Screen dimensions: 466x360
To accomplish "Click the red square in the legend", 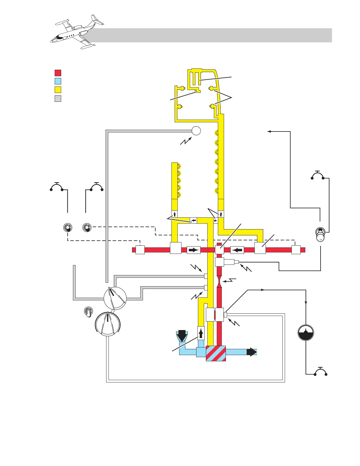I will (58, 73).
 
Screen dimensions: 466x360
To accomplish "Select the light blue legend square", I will (58, 81).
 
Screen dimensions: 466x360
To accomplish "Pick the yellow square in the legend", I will (58, 90).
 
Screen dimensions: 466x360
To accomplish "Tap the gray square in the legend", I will (58, 99).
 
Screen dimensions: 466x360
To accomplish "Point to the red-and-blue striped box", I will (216, 353).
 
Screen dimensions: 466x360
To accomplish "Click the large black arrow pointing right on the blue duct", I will (251, 352).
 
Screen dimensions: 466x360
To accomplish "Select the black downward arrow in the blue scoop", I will (182, 335).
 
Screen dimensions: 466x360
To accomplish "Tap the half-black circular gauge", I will (306, 333).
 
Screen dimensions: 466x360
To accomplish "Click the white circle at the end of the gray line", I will (196, 130).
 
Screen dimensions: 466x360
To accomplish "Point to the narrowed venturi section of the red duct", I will (219, 282).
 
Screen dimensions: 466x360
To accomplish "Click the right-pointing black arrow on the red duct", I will (194, 250).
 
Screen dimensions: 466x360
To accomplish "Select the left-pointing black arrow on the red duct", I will (237, 250).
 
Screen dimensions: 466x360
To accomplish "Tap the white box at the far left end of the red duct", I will (140, 250).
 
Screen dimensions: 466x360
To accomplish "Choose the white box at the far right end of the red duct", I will (296, 250).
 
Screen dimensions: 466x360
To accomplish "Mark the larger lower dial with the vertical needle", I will (108, 324).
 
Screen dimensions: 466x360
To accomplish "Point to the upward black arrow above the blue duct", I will (201, 333).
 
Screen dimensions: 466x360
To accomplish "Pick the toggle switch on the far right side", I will (320, 234).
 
